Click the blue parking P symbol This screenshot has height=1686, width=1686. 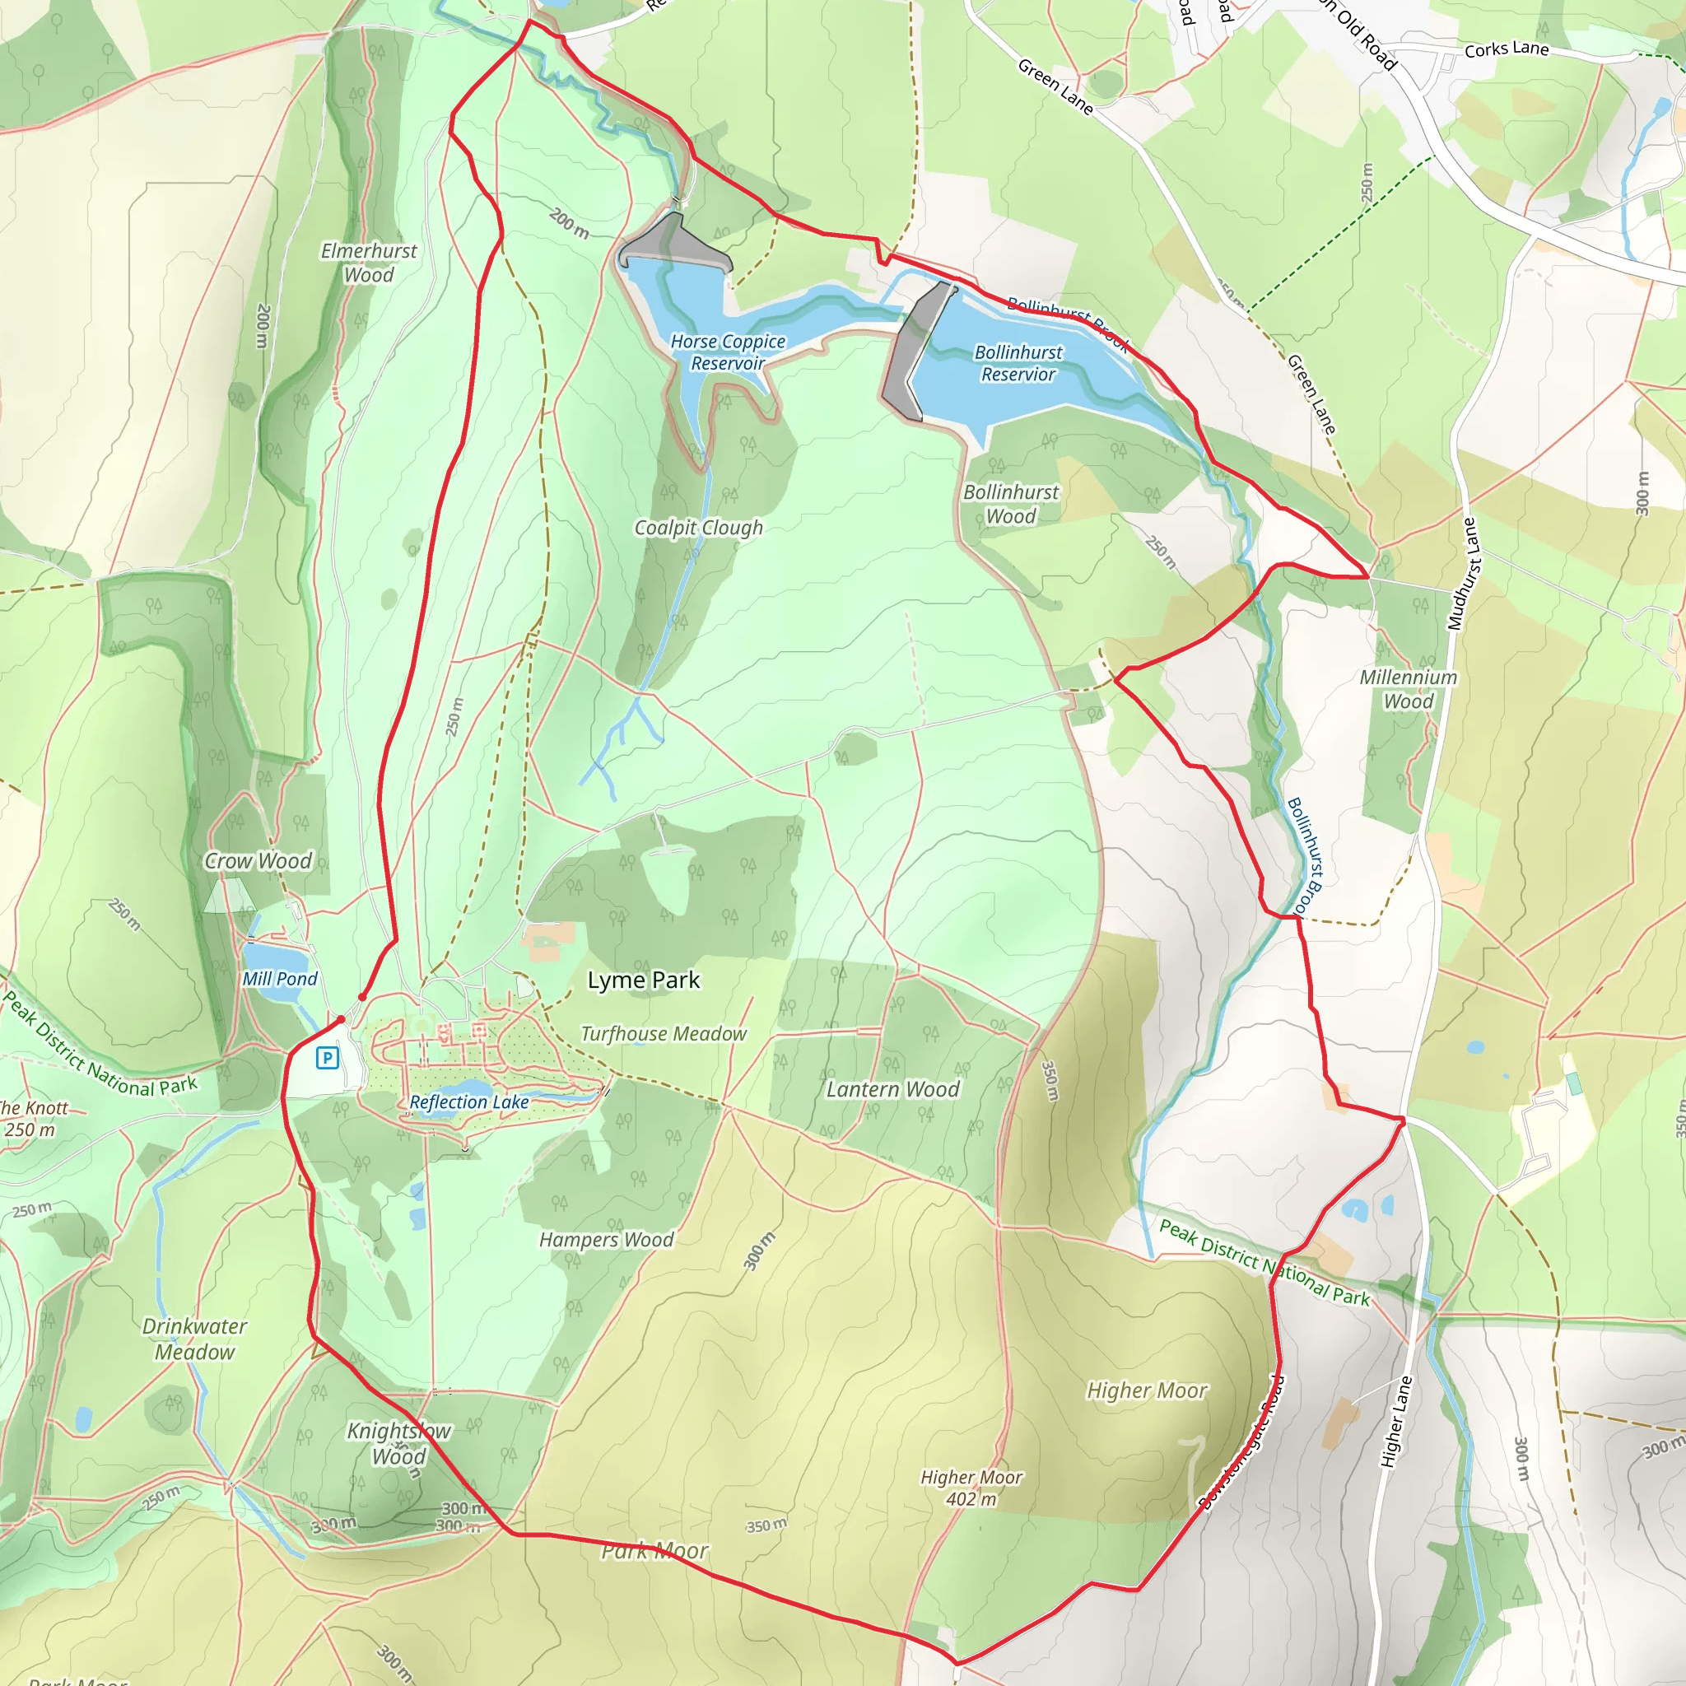pos(328,1059)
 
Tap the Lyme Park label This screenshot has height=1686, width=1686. pos(643,980)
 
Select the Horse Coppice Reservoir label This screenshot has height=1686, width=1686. pos(728,352)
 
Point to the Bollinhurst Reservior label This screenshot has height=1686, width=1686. pos(1018,363)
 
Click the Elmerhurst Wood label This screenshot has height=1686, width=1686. pos(369,263)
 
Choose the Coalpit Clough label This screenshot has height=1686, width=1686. pos(698,528)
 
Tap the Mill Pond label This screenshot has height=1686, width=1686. pos(279,979)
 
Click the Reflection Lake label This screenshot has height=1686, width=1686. pos(469,1102)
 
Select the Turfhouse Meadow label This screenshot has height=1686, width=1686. pos(664,1034)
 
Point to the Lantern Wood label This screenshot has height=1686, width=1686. pos(892,1089)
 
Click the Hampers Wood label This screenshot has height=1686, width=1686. pos(606,1240)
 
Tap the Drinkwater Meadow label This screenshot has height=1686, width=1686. pos(194,1339)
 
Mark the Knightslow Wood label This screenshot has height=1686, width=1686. pos(398,1443)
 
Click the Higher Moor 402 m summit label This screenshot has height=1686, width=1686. pos(971,1488)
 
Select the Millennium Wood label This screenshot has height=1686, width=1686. pos(1409,689)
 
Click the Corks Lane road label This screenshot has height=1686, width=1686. pos(1507,49)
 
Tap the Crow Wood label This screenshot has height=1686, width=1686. pos(258,861)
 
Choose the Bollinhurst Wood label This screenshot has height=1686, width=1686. pos(1011,505)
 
